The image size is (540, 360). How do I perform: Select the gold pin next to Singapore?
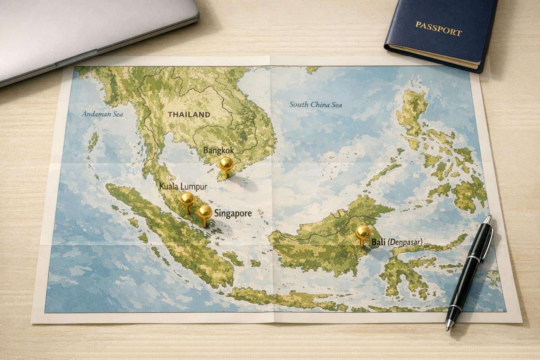(204, 212)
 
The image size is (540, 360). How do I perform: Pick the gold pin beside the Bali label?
(362, 233)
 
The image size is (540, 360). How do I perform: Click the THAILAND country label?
(189, 114)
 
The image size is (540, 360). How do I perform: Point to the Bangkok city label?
(218, 150)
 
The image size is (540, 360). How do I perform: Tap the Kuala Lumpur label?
(183, 186)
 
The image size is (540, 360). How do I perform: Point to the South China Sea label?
(315, 104)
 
